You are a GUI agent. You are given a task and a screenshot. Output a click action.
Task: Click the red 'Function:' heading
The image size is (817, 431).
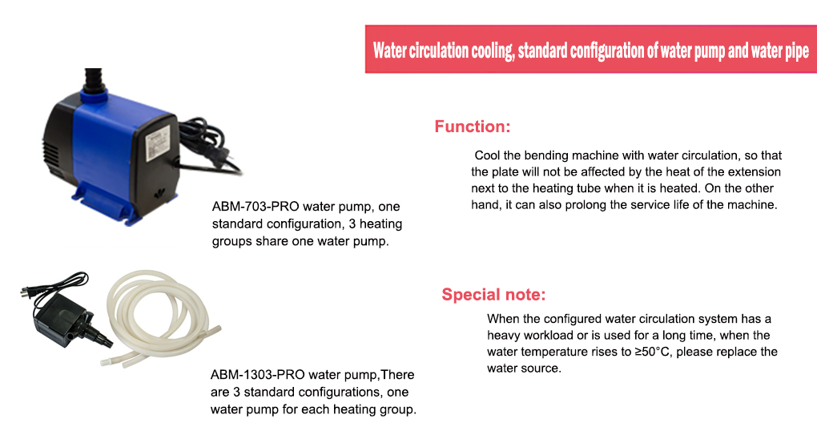point(472,127)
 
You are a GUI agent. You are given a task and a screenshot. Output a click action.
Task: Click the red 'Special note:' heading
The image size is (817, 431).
point(493,295)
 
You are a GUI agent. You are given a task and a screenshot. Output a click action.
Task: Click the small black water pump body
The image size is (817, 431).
point(58,319)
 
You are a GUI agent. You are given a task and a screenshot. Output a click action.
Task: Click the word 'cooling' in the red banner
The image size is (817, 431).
point(493,51)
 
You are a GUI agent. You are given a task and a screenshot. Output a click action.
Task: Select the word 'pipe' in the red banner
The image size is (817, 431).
point(797,51)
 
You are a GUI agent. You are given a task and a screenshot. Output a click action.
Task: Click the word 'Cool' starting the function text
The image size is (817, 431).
point(487,155)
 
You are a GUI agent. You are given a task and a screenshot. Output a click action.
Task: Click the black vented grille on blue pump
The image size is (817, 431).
point(51,155)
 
